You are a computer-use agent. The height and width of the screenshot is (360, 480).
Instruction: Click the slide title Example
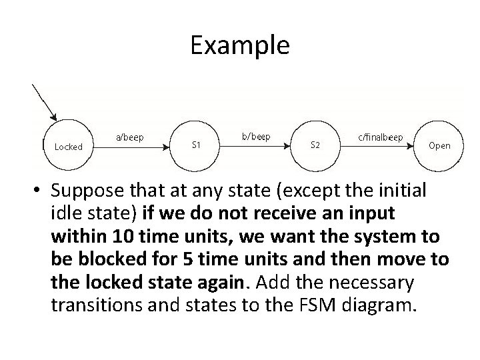239,45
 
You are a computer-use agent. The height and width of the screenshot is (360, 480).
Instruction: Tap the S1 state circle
196,144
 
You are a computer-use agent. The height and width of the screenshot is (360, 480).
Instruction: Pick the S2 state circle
315,144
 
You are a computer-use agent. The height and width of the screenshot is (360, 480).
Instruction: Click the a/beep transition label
130,137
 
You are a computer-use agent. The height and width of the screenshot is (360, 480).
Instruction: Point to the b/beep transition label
256,137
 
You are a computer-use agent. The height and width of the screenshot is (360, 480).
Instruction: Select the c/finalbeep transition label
381,137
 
